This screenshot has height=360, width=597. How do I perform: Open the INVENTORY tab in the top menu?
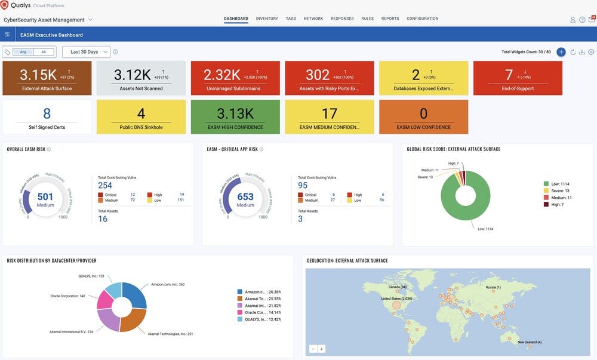(x=267, y=19)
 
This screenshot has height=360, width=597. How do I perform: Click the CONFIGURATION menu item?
(x=422, y=19)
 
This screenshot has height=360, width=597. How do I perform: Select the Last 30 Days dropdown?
(x=86, y=52)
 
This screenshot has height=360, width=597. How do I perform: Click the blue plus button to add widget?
(x=561, y=52)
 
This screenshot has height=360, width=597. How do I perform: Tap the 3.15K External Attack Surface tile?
(x=47, y=78)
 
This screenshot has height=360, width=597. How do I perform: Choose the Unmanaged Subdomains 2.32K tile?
(x=235, y=78)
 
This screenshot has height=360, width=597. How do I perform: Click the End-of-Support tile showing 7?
(x=518, y=78)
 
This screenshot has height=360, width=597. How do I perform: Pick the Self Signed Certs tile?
(x=47, y=116)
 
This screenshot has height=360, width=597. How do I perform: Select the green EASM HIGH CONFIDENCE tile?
(x=235, y=116)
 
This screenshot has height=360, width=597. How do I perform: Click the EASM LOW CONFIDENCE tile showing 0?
(x=424, y=116)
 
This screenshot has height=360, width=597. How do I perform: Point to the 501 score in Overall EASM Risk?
(x=45, y=197)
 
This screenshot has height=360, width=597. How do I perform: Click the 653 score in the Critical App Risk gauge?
(x=245, y=197)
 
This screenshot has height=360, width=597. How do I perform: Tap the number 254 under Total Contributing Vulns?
(x=105, y=186)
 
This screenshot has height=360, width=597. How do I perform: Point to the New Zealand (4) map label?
(x=530, y=342)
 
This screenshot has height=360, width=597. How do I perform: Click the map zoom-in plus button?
(x=322, y=349)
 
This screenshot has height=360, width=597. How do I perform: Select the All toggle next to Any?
(x=43, y=52)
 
